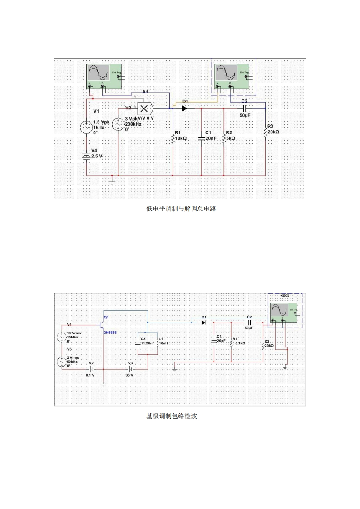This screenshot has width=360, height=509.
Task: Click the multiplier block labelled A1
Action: tap(145, 108)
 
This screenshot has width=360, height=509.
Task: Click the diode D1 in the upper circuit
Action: tap(185, 108)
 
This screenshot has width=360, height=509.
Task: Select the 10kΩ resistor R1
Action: tap(173, 138)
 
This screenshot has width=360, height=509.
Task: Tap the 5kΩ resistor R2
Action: tap(224, 138)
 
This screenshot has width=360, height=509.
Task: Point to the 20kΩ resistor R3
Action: tap(265, 132)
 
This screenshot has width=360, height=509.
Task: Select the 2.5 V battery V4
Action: tap(86, 156)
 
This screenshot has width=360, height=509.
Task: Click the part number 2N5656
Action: tap(111, 333)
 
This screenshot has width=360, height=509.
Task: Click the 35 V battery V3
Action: tap(131, 369)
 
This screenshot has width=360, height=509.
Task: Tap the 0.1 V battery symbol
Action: tap(91, 369)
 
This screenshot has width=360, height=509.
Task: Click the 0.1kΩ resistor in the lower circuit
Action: tap(232, 343)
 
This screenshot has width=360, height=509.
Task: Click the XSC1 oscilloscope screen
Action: tap(279, 310)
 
